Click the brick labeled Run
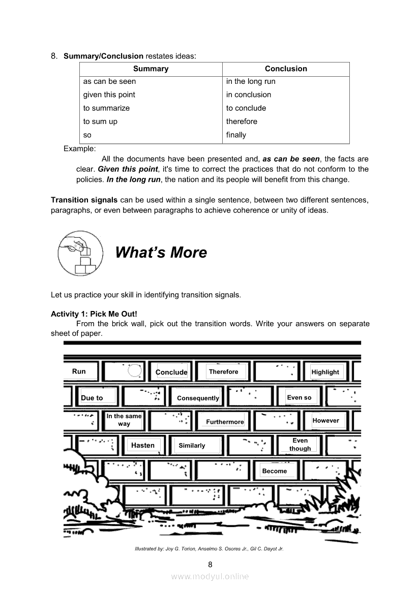point(79,371)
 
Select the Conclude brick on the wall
point(172,372)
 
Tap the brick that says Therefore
point(224,371)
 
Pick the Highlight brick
point(325,372)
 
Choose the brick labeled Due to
point(92,398)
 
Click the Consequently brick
point(198,398)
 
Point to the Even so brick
point(299,397)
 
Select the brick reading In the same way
point(124,420)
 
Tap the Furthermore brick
point(225,422)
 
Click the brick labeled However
point(326,420)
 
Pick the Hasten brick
point(143,445)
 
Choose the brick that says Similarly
point(192,446)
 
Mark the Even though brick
point(300,445)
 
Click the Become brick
point(275,471)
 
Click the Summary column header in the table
point(151,69)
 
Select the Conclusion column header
point(286,69)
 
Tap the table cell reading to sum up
point(101,121)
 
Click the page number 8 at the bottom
point(210,564)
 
